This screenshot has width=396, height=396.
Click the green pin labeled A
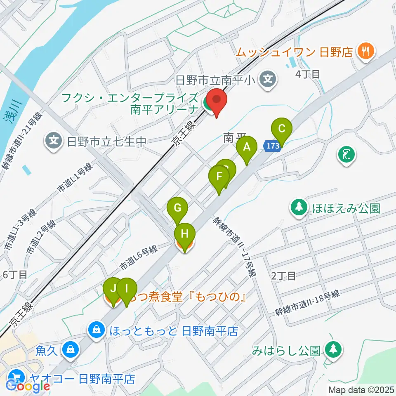pos(247,148)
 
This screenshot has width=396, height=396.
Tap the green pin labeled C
pos(282,128)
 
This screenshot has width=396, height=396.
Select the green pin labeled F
pos(219,177)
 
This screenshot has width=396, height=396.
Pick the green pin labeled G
pos(177,208)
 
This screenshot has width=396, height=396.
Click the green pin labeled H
pos(184,234)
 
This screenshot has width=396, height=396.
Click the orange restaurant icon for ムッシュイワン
pos(365,51)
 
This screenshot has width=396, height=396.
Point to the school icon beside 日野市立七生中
pos(54,141)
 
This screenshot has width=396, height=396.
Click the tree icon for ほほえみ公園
pos(298,207)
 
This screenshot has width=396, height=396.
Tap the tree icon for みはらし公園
pos(332,350)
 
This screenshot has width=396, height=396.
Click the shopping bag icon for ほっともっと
pos(96,330)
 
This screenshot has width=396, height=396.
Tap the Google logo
pos(28,387)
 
